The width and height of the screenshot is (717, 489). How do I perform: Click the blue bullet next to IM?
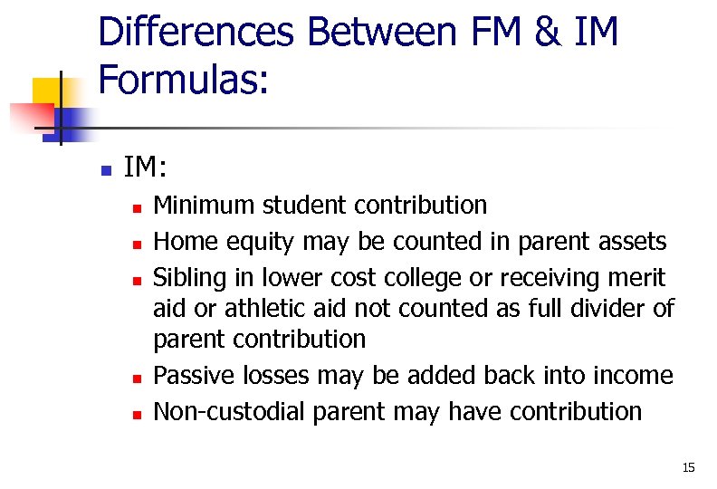tap(105, 169)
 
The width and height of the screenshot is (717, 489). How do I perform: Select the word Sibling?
tap(188, 276)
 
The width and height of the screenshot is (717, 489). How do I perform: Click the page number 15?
tap(688, 468)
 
